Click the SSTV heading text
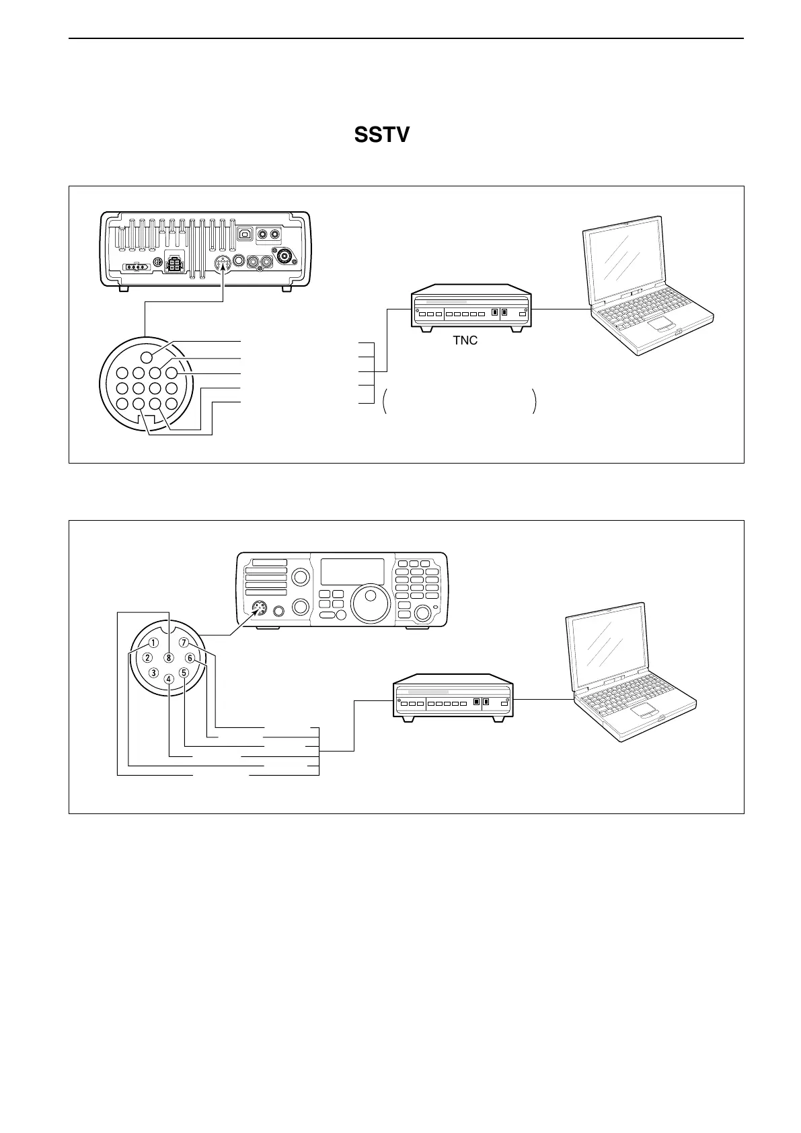(x=381, y=135)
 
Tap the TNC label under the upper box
(x=465, y=340)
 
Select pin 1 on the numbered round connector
(x=154, y=643)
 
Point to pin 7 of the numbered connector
(x=184, y=643)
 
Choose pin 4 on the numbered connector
(x=169, y=679)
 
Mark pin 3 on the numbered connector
(x=154, y=672)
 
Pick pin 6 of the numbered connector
(x=190, y=658)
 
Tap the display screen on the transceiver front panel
(x=352, y=571)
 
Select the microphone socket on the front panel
(x=258, y=608)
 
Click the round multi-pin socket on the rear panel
(x=223, y=264)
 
